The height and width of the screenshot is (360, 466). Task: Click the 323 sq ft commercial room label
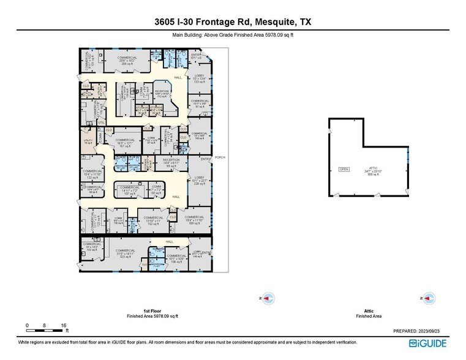(x=125, y=253)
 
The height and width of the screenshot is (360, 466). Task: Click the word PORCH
(x=220, y=157)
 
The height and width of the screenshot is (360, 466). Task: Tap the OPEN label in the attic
(x=344, y=170)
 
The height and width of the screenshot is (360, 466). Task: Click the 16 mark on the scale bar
(x=63, y=325)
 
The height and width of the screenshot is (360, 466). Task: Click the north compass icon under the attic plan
(x=429, y=298)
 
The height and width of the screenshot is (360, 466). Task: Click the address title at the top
(x=233, y=22)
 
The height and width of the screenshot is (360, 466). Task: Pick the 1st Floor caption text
(x=152, y=311)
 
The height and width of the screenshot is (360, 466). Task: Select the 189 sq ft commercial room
(x=194, y=220)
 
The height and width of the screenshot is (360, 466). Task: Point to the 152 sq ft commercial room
(x=153, y=220)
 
